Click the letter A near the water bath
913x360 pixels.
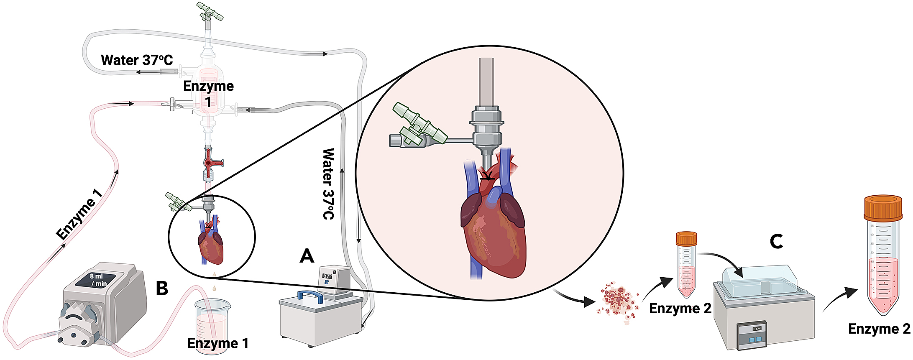(307, 255)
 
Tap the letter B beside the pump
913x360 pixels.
(162, 288)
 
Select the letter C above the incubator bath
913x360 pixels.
(776, 241)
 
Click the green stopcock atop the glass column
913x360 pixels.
(210, 11)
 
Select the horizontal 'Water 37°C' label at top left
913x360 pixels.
(137, 60)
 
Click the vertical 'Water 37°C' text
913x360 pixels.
(328, 184)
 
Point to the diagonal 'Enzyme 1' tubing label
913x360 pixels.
(79, 214)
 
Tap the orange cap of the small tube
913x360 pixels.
(686, 239)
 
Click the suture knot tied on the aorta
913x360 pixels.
(486, 175)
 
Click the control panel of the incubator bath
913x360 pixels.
(752, 334)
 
